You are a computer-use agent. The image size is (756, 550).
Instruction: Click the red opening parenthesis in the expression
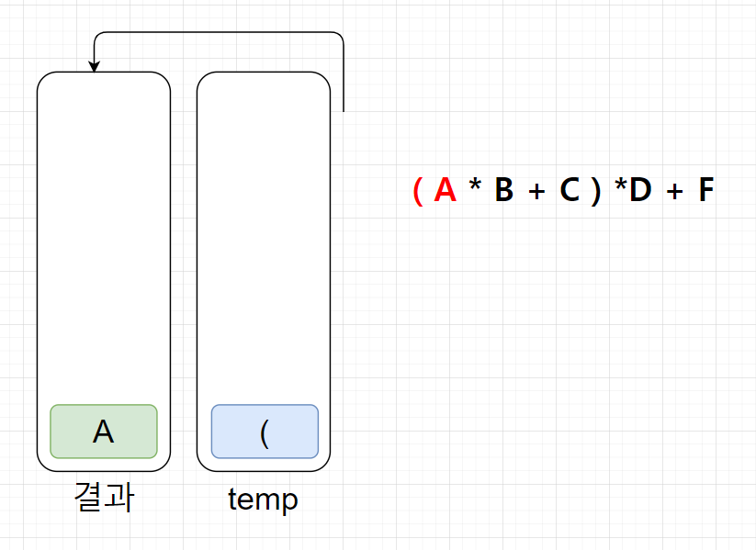click(417, 191)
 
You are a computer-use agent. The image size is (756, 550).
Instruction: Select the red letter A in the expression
click(445, 190)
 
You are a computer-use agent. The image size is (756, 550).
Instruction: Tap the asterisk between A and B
click(474, 188)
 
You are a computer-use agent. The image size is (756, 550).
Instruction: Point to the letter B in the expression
click(503, 190)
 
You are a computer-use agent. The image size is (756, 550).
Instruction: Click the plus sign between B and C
click(536, 191)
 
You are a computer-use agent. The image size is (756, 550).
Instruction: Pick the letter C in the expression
click(570, 190)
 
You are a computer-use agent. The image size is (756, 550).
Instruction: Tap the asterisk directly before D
click(620, 187)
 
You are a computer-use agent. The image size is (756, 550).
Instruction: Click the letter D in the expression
click(639, 190)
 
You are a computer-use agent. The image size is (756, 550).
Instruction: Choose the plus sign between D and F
click(675, 191)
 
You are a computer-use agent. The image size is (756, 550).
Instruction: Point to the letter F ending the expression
click(705, 190)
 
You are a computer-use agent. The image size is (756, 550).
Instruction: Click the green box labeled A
click(104, 432)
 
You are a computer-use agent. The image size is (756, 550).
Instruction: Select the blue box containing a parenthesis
click(265, 432)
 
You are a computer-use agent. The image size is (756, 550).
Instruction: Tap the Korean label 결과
click(104, 498)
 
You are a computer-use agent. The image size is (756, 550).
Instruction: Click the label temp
click(263, 499)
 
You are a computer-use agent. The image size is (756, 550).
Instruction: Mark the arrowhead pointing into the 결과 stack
click(94, 67)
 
